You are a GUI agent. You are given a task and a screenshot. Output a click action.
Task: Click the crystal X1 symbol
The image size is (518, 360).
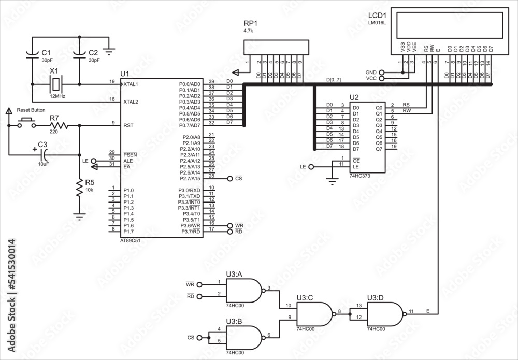tap(56, 83)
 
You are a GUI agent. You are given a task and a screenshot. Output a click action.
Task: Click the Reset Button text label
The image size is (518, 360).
tap(31, 110)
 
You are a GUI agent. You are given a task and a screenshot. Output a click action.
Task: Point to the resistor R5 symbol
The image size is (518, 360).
tap(79, 189)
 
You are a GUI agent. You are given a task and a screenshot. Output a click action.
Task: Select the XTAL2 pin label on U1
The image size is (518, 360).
tap(131, 102)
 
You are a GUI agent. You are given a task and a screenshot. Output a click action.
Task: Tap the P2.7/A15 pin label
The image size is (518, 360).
tap(189, 179)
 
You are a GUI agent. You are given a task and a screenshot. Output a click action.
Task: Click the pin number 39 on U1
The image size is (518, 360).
tap(211, 82)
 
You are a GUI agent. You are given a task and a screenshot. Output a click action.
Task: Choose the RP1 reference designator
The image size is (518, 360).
tap(250, 23)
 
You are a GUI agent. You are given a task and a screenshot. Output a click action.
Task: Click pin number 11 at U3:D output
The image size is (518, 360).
tap(410, 311)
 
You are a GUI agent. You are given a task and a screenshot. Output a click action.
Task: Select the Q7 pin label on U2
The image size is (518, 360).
tap(378, 149)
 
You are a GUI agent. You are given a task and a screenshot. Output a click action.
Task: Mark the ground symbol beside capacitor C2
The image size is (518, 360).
tap(109, 51)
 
